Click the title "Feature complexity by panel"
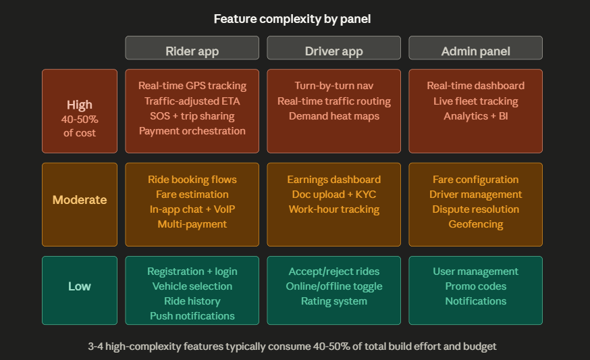tap(292, 19)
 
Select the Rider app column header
tap(192, 51)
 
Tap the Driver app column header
tap(333, 51)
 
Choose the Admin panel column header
tap(475, 51)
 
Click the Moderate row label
tap(80, 200)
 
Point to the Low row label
tap(80, 286)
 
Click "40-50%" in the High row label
tap(80, 120)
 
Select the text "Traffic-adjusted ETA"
tap(192, 101)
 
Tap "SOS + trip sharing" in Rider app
tap(192, 116)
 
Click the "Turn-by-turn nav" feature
tap(333, 86)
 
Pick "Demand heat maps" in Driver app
tap(333, 116)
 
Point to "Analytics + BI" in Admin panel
tap(475, 116)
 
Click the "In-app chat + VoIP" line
tap(192, 209)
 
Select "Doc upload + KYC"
tap(333, 195)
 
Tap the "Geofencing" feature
tap(475, 224)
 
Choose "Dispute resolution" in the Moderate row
tap(475, 209)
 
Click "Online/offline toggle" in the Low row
tap(333, 286)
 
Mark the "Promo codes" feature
tap(475, 286)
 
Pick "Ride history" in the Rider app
tap(192, 301)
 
